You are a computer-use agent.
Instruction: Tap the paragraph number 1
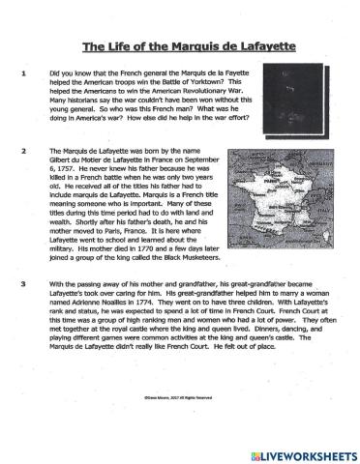tap(22, 73)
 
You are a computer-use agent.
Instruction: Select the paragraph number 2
tap(22, 152)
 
